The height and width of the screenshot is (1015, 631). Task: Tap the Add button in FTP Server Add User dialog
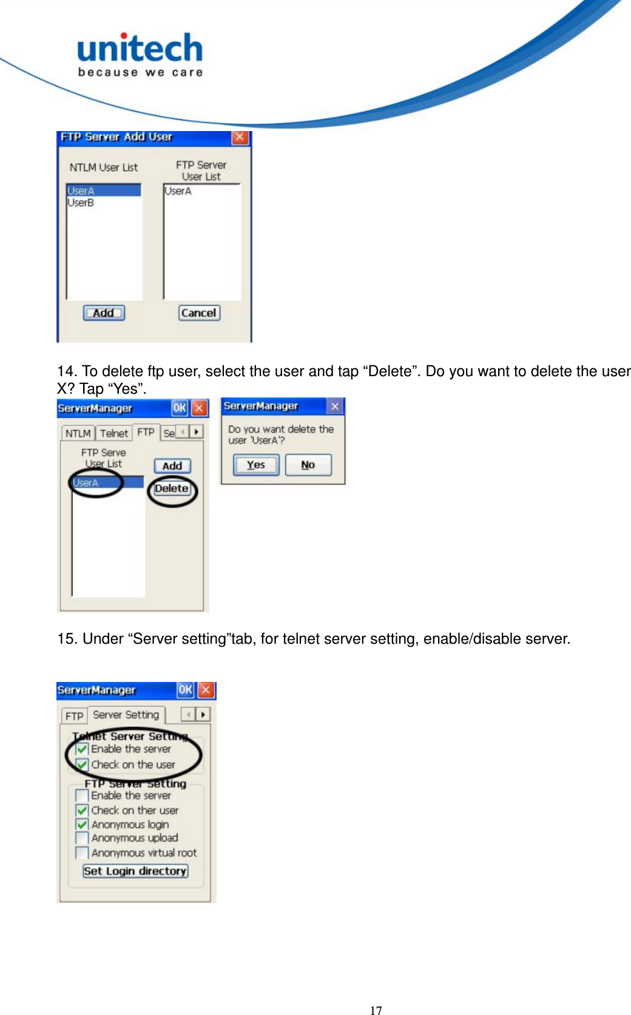click(x=104, y=313)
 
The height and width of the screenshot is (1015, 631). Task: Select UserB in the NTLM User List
click(x=81, y=203)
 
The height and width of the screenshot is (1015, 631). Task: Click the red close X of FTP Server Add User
click(x=240, y=137)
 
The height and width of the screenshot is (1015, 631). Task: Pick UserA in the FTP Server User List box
click(x=178, y=191)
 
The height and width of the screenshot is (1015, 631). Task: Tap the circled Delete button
click(x=172, y=489)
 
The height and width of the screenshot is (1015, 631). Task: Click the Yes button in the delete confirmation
click(x=256, y=465)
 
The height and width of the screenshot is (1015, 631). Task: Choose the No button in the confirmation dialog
click(x=308, y=465)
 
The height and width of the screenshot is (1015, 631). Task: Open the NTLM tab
click(x=78, y=433)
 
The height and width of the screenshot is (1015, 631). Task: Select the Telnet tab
click(x=113, y=433)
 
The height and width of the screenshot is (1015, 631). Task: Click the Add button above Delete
click(x=172, y=466)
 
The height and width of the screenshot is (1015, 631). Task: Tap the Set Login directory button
click(x=135, y=871)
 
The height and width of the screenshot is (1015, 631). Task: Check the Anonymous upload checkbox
click(x=82, y=838)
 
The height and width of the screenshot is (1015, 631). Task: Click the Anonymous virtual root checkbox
click(x=82, y=853)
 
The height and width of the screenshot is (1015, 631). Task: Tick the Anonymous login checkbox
click(x=82, y=824)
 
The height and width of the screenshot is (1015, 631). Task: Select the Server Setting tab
click(x=126, y=715)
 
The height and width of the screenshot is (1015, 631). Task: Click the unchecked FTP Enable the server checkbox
click(x=82, y=795)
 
